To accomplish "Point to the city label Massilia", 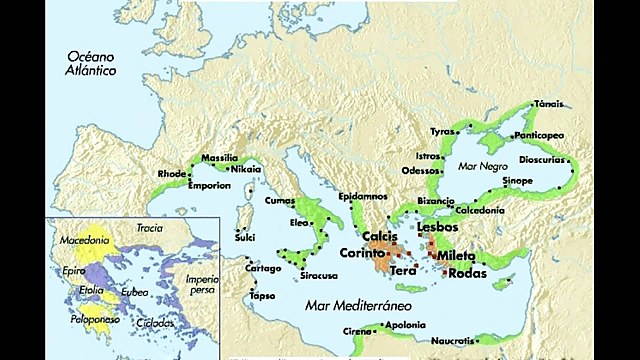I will point(220,158).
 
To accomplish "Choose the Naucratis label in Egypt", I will point(454,341).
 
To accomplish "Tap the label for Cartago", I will point(264,268).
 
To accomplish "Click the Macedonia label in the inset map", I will point(84,240).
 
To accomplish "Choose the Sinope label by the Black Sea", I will point(517,180).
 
